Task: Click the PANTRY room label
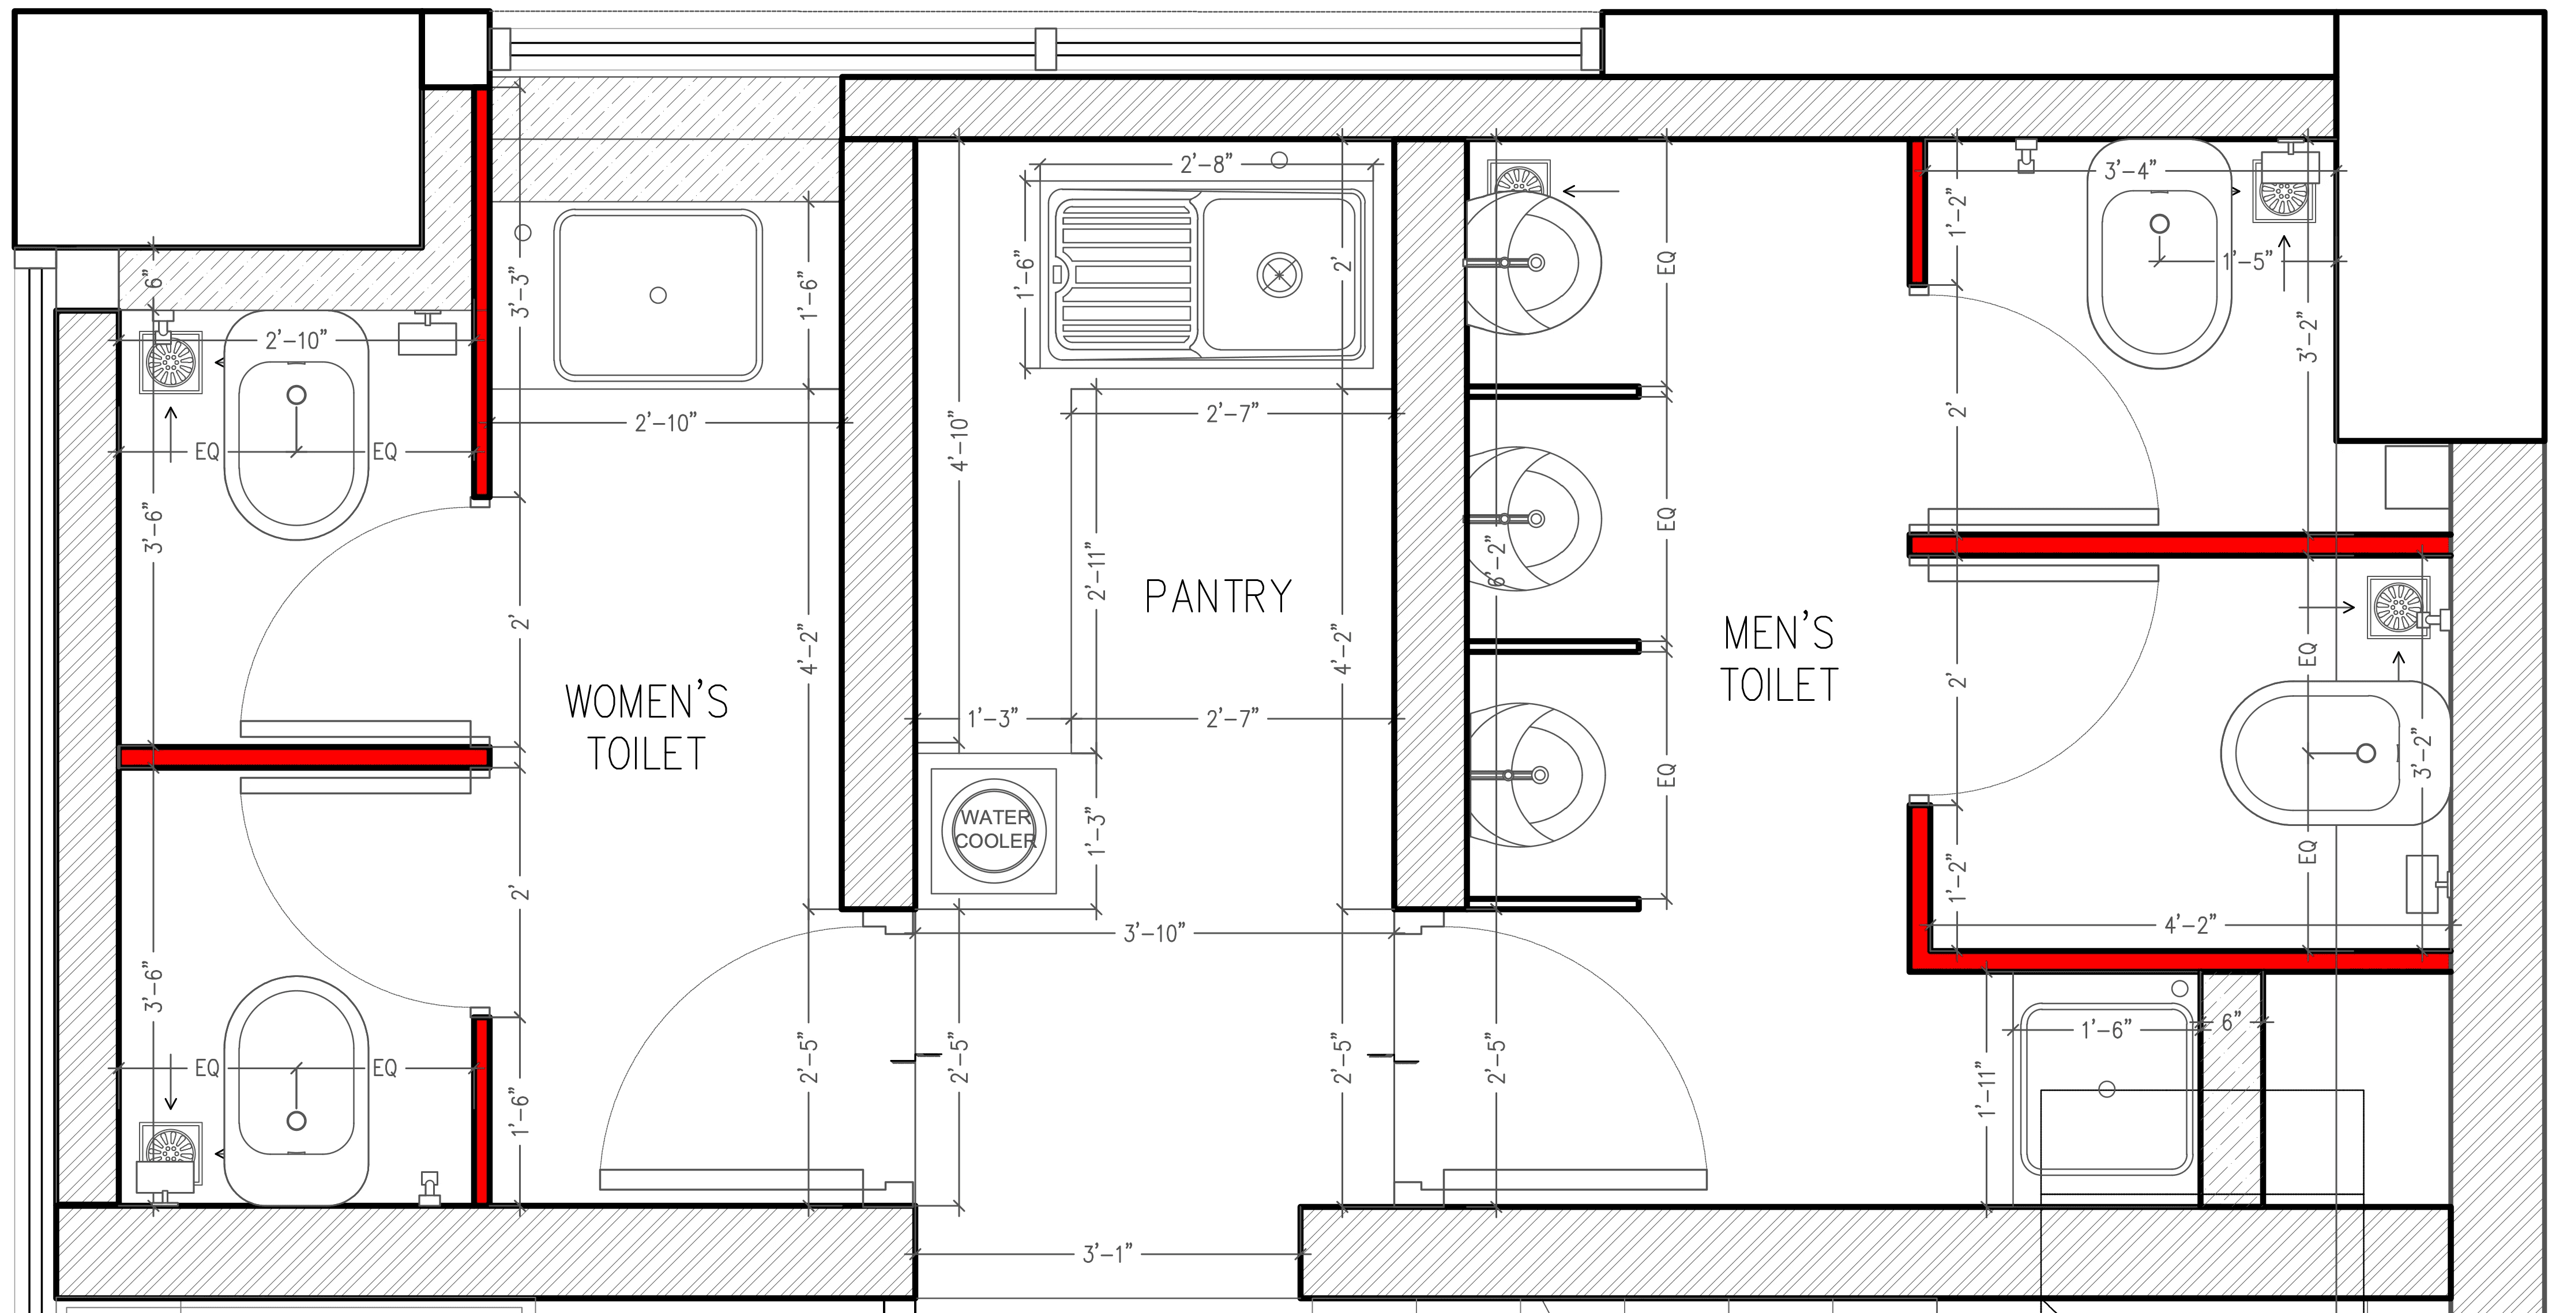[1218, 597]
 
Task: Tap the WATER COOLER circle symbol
[994, 829]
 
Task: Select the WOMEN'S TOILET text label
[647, 727]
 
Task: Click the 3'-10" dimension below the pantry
[1154, 933]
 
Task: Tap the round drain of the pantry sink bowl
[1280, 274]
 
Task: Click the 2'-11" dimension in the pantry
[1095, 572]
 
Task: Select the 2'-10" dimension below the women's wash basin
[666, 422]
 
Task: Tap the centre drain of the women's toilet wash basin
[657, 296]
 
